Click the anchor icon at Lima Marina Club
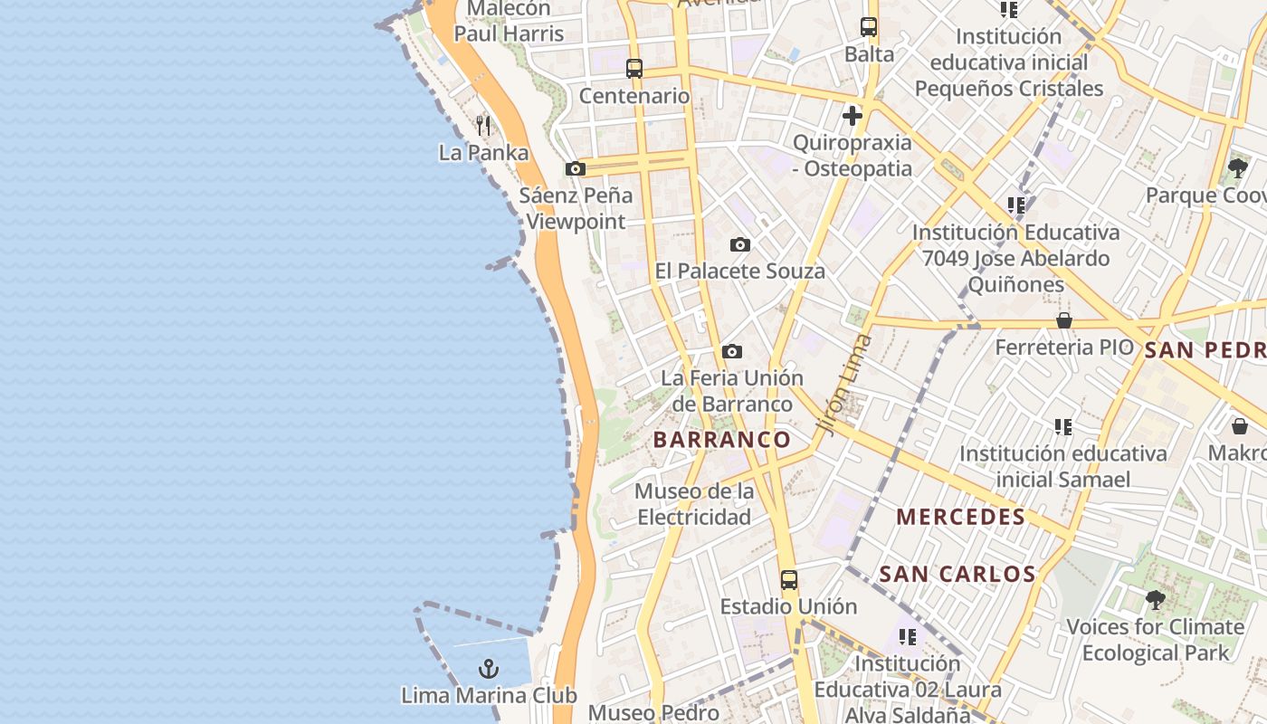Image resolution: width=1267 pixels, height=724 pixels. pos(489,669)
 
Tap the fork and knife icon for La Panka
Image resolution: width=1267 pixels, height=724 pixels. pos(483,126)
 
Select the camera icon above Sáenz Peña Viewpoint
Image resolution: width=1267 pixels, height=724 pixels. pos(575,168)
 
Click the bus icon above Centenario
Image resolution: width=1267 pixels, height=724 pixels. pos(634,69)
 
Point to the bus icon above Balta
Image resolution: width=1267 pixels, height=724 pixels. pos(869,27)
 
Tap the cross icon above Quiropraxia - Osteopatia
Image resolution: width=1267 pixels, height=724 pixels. pos(852,116)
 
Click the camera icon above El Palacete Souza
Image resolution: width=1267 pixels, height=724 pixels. pos(740,244)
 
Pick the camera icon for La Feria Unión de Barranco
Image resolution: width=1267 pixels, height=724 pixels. pos(732,351)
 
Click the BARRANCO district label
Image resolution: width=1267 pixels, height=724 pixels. pos(722,440)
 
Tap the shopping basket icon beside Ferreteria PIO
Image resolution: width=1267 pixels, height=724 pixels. pos(1064,320)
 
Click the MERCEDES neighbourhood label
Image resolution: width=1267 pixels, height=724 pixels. pos(961,517)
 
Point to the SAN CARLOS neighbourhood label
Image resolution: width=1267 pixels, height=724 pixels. pos(957,573)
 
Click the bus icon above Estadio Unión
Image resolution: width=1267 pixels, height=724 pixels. pos(789,579)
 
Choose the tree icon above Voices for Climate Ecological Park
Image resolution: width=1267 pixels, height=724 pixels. pos(1155,599)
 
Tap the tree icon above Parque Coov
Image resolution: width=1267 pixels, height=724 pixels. pos(1237,168)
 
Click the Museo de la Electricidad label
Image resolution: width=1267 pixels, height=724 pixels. pos(694,504)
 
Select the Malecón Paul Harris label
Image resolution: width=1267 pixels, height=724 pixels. pos(509,21)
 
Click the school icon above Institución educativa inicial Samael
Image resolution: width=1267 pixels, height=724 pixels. pos(1063,426)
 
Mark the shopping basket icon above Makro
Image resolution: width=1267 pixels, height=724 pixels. pos(1240,425)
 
